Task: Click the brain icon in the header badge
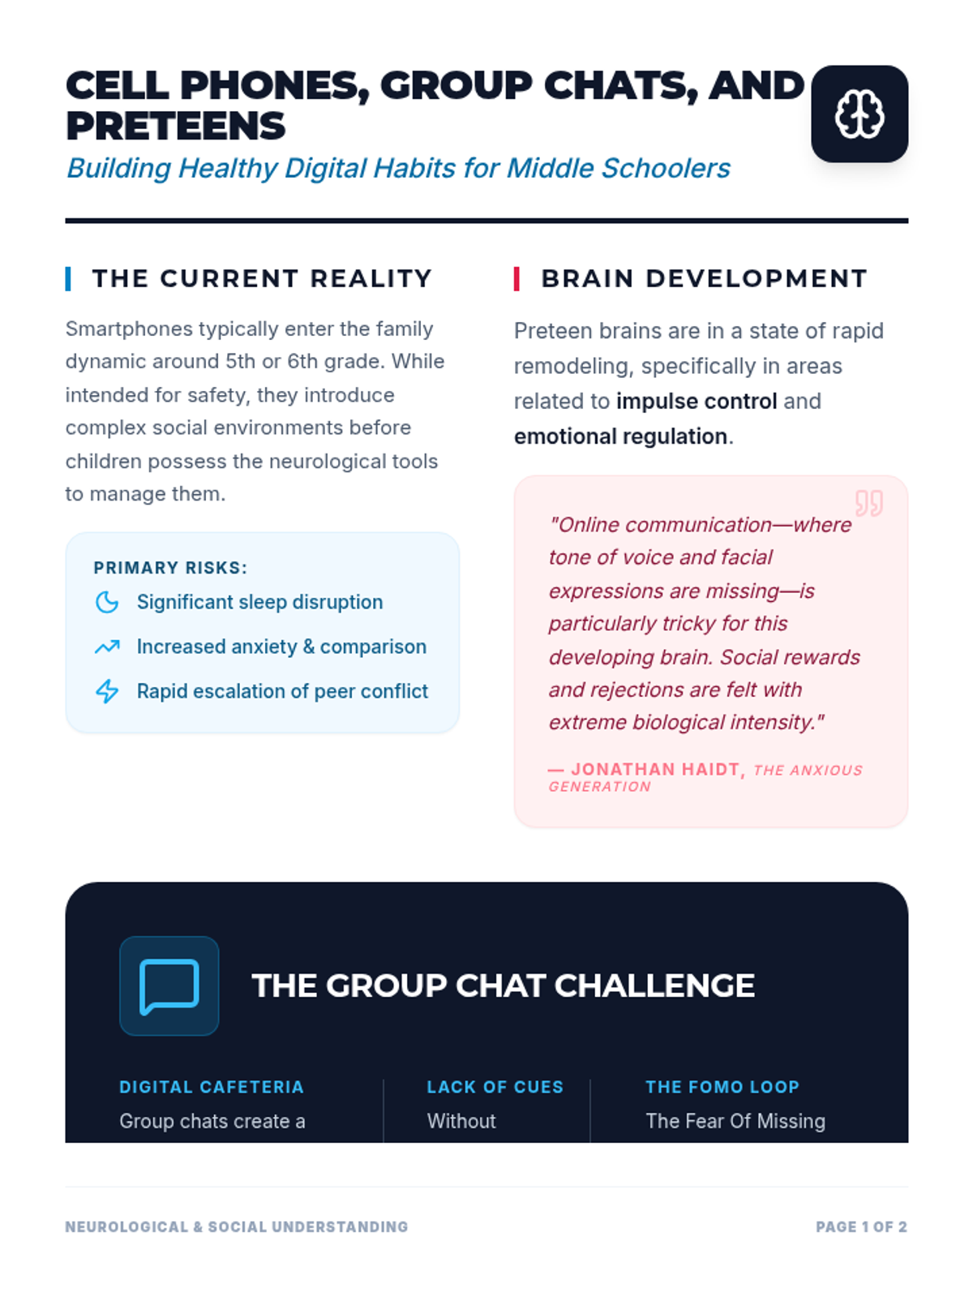tap(859, 114)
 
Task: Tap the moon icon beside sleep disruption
tap(107, 602)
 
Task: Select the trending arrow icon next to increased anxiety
tap(107, 647)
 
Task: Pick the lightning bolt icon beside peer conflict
tap(107, 691)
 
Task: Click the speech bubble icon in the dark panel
tap(169, 986)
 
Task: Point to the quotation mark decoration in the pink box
tap(869, 503)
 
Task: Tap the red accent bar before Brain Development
tap(517, 278)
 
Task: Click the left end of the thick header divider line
tap(66, 221)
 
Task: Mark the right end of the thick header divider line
tap(908, 221)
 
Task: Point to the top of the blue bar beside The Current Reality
tap(68, 267)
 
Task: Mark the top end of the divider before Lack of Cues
tap(384, 1080)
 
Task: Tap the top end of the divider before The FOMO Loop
tap(589, 1080)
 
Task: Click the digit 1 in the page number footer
tap(865, 1227)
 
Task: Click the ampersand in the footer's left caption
tap(198, 1227)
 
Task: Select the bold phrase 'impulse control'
tap(697, 401)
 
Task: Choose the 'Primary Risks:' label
tap(170, 568)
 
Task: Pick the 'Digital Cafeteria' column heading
tap(212, 1087)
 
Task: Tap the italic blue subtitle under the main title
tap(398, 168)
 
